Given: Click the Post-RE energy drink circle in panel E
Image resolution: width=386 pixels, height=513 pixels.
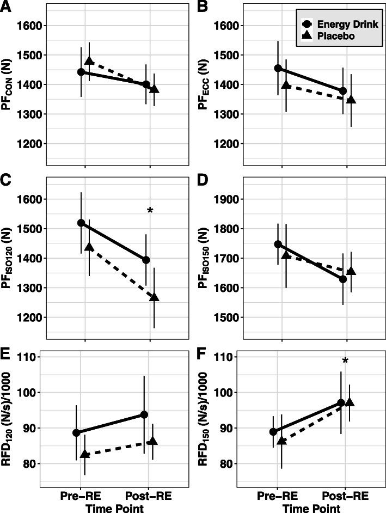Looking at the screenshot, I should click(x=144, y=414).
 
